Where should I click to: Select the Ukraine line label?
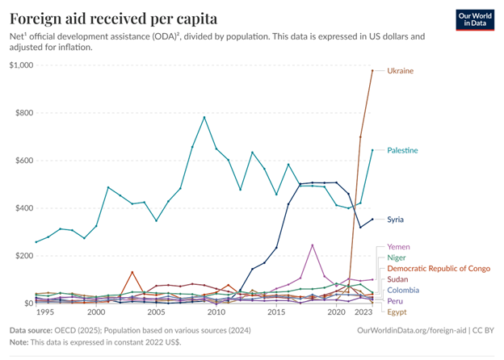click(x=401, y=71)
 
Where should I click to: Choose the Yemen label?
click(x=400, y=246)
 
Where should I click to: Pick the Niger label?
click(x=398, y=257)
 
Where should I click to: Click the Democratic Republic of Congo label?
click(x=438, y=268)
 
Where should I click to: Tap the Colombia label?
click(x=404, y=289)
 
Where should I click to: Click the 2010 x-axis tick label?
click(x=216, y=312)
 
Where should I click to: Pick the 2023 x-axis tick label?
click(x=363, y=312)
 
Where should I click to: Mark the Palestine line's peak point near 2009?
click(x=204, y=117)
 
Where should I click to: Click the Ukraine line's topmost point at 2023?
click(x=372, y=71)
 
